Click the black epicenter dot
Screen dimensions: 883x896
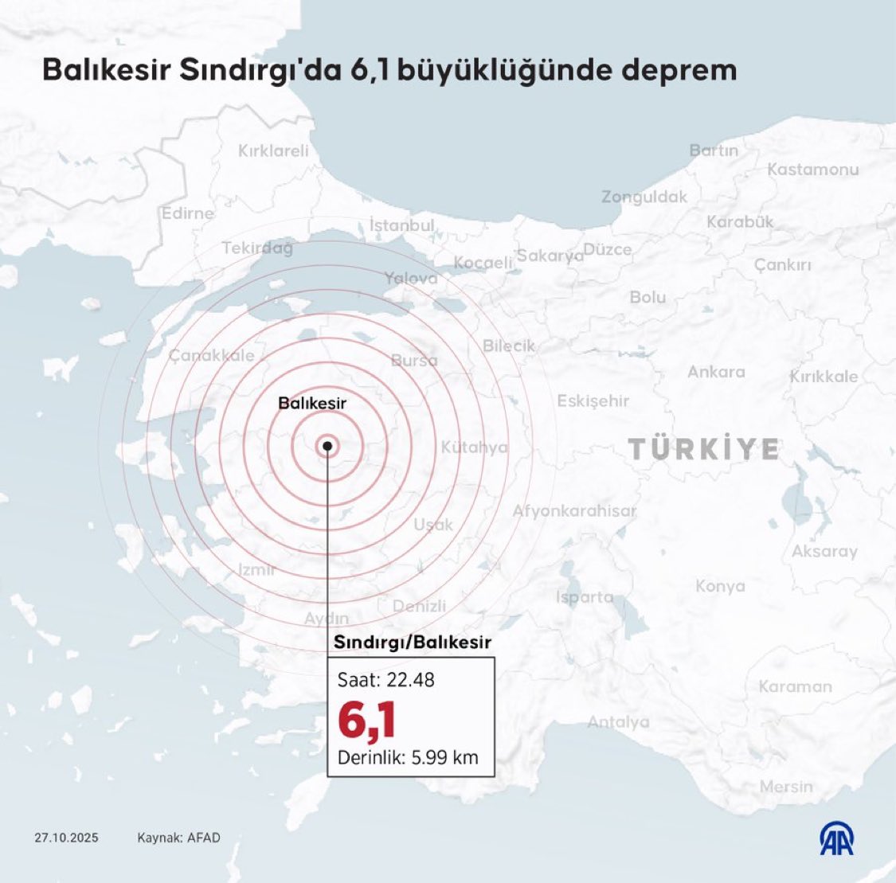(x=327, y=446)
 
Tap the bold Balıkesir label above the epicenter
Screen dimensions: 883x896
(x=312, y=404)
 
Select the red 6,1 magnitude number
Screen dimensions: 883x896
(x=366, y=720)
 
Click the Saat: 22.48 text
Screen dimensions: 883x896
(x=386, y=680)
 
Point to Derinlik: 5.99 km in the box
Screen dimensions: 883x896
(x=408, y=757)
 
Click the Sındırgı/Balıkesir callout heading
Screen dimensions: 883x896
(x=412, y=642)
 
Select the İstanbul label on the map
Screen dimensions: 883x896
(x=401, y=225)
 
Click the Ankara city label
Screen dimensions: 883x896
(x=716, y=372)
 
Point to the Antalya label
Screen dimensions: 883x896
(x=618, y=722)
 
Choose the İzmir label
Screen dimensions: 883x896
(x=256, y=569)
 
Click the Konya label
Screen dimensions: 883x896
(x=720, y=586)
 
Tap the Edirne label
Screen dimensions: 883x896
(x=187, y=213)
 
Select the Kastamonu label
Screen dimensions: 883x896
(x=812, y=169)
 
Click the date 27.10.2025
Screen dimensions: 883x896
(x=66, y=838)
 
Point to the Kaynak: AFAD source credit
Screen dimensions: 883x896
(x=178, y=838)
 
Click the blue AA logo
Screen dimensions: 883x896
(x=836, y=838)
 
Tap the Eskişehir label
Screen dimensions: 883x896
(x=593, y=400)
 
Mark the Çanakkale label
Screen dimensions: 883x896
(x=211, y=356)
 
